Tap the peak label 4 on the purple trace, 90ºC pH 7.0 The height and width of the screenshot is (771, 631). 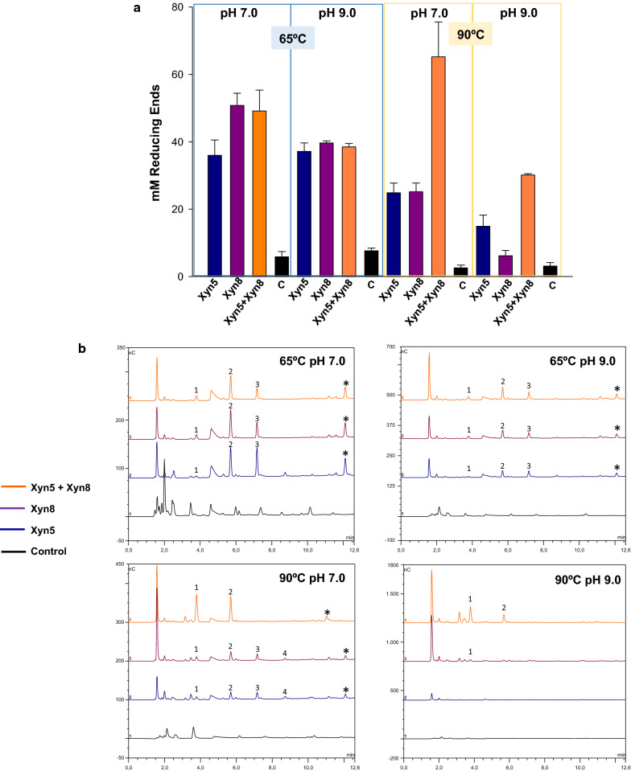pos(285,654)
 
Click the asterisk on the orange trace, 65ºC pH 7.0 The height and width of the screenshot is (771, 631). pos(346,383)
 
